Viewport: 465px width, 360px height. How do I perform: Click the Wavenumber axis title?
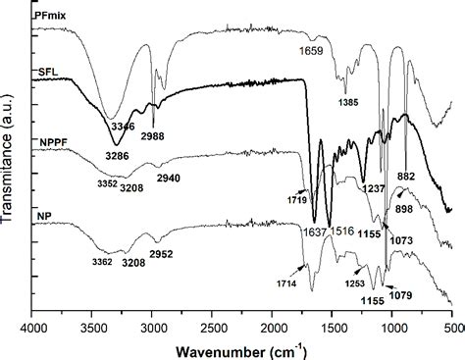point(240,349)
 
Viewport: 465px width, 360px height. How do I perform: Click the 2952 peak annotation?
point(162,256)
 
